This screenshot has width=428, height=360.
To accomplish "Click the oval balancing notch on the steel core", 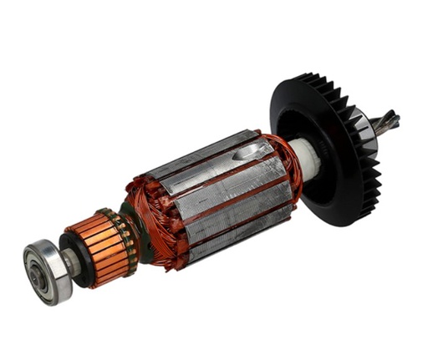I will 250,152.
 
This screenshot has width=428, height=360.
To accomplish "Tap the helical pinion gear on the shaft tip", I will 388,123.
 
